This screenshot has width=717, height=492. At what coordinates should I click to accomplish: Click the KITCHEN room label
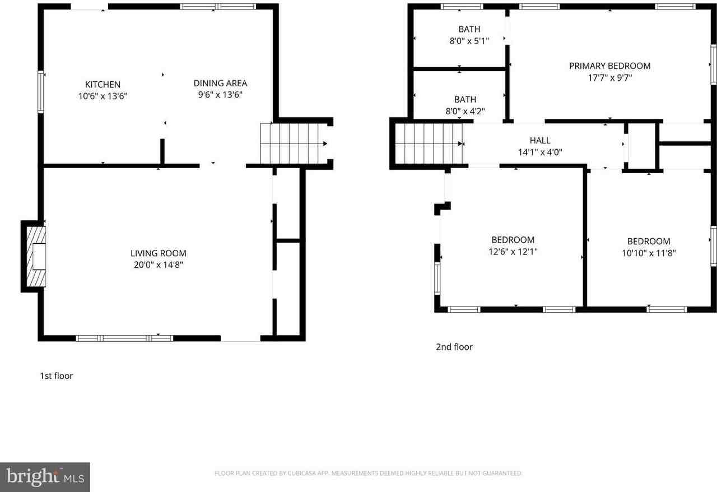pyautogui.click(x=103, y=85)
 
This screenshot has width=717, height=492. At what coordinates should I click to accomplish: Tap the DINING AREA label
pyautogui.click(x=220, y=83)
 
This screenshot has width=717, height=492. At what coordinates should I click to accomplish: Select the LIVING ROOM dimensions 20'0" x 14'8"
pyautogui.click(x=158, y=264)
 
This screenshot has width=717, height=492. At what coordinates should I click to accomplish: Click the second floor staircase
pyautogui.click(x=429, y=144)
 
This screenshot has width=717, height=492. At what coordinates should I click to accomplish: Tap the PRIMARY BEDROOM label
pyautogui.click(x=609, y=66)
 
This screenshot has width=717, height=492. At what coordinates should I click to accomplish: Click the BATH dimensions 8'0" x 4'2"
pyautogui.click(x=465, y=111)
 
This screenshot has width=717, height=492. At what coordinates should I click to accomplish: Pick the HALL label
pyautogui.click(x=540, y=141)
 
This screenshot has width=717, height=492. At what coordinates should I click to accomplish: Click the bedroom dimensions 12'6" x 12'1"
pyautogui.click(x=513, y=252)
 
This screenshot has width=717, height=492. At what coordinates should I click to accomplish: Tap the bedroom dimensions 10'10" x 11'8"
pyautogui.click(x=649, y=253)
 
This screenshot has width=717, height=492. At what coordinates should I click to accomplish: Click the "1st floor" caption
pyautogui.click(x=56, y=376)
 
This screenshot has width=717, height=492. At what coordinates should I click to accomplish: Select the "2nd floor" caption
pyautogui.click(x=454, y=347)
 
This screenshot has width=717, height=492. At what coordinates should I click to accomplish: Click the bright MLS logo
pyautogui.click(x=45, y=477)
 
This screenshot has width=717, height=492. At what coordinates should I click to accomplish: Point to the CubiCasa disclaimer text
pyautogui.click(x=368, y=474)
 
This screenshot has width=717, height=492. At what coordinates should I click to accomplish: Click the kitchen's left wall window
pyautogui.click(x=41, y=92)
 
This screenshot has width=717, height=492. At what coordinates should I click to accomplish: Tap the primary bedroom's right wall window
pyautogui.click(x=713, y=64)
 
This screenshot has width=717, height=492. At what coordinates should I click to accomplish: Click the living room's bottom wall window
pyautogui.click(x=124, y=338)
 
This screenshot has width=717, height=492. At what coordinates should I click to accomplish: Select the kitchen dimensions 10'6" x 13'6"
pyautogui.click(x=103, y=96)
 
